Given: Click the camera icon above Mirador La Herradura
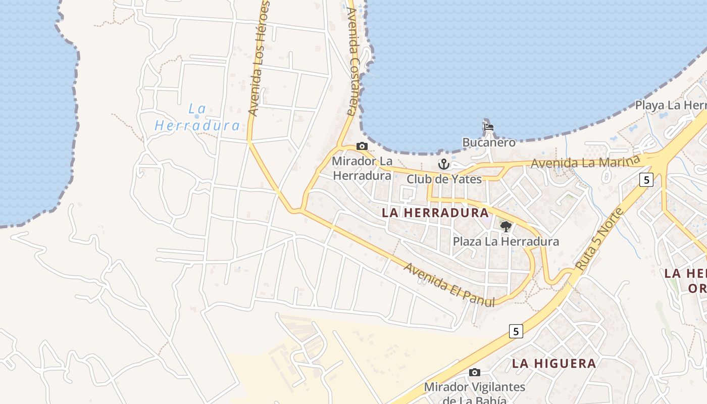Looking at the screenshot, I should [362, 146].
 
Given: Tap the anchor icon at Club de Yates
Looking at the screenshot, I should [443, 164].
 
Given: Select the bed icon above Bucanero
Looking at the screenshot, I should [488, 127].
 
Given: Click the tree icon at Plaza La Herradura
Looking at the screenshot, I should [506, 227].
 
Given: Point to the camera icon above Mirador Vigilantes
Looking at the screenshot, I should [474, 373].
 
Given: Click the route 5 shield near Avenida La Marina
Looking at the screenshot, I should [646, 179].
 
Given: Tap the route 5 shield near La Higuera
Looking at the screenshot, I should [515, 331].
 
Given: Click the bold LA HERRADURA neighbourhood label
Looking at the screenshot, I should [435, 213].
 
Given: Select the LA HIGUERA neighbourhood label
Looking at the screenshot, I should [554, 363].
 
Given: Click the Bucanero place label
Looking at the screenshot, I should [489, 142].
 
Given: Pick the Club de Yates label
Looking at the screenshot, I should [444, 179].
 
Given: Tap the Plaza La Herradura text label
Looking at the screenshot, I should [506, 241].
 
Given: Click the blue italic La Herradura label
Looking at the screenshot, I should [197, 117].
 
